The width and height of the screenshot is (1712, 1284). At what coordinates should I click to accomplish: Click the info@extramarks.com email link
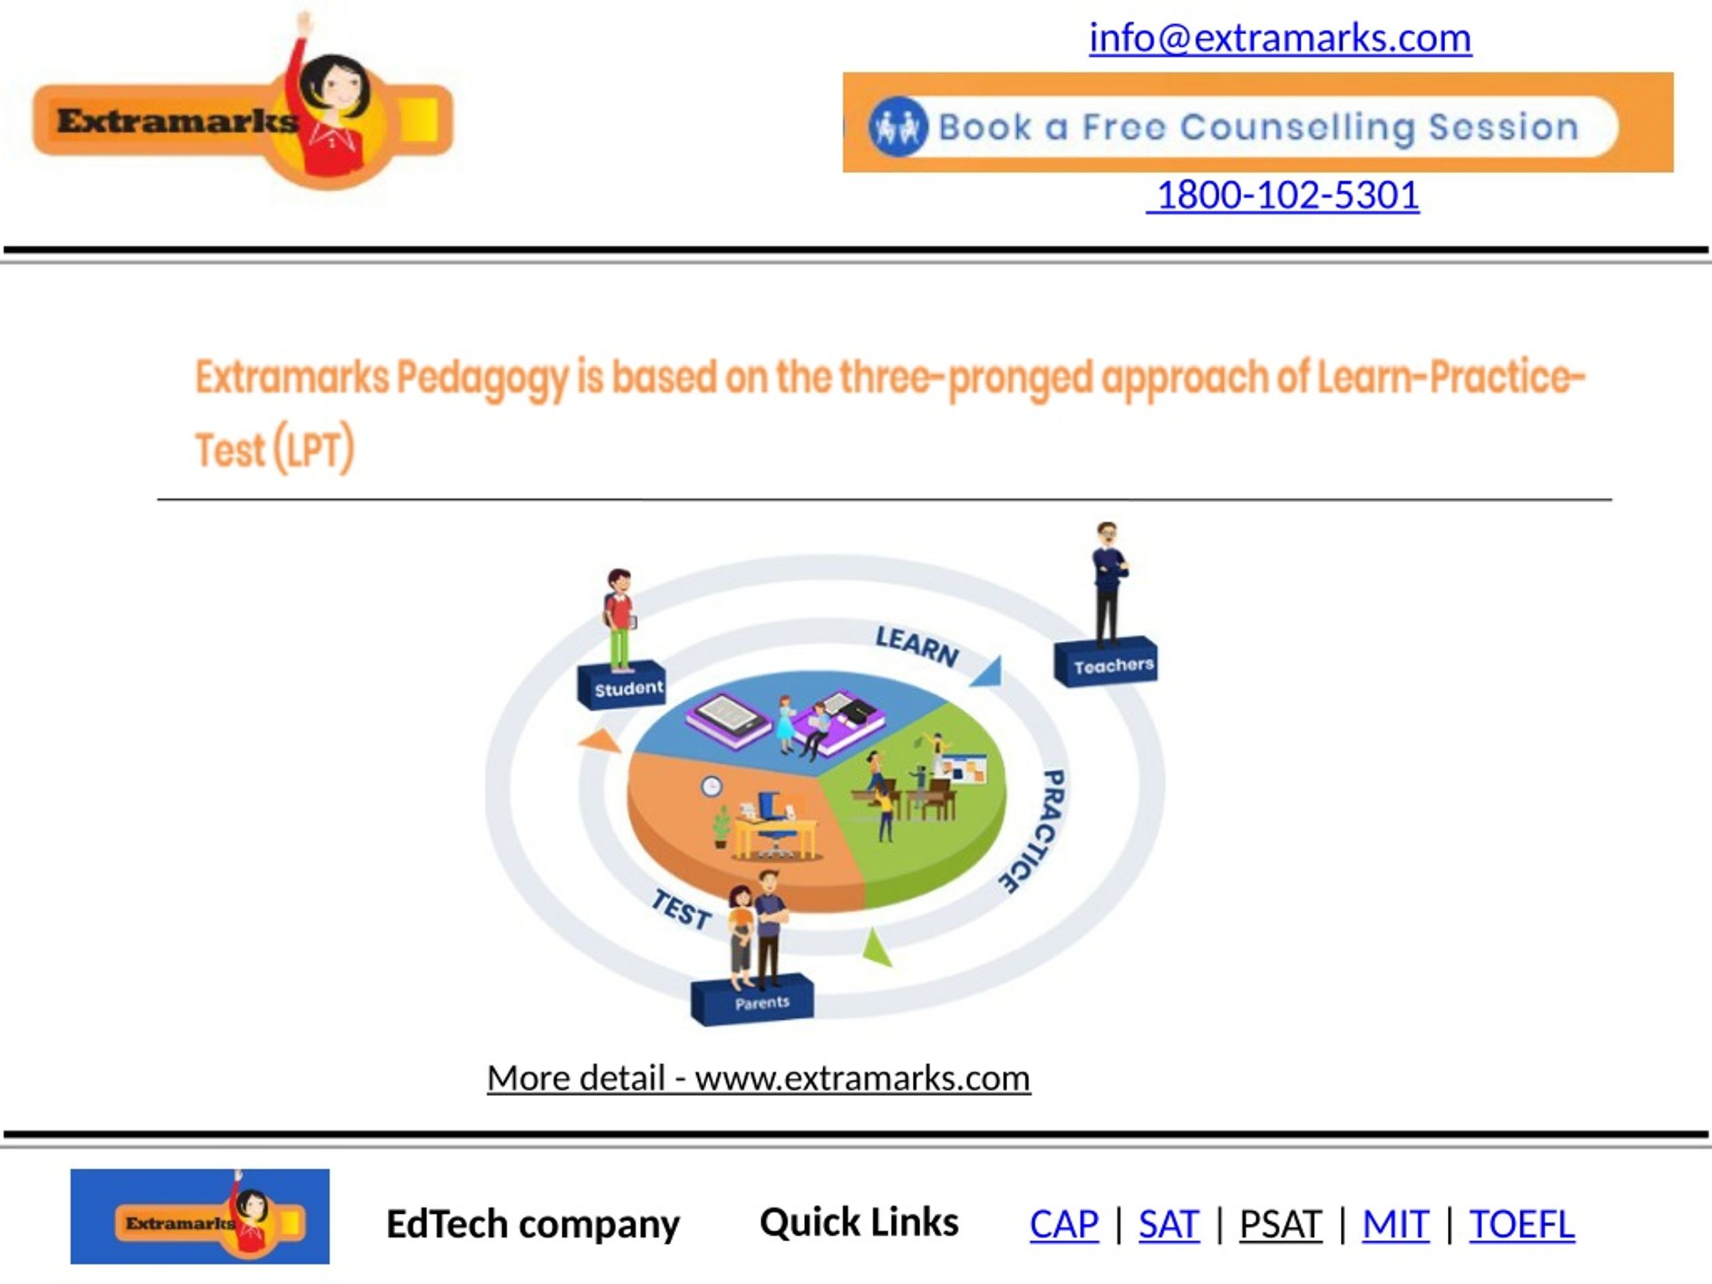pyautogui.click(x=1280, y=38)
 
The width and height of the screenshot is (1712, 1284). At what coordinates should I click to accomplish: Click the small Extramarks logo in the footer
pyautogui.click(x=200, y=1216)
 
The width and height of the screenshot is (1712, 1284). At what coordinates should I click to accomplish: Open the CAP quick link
pyautogui.click(x=1063, y=1224)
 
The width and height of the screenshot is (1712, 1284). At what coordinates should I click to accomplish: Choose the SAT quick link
pyautogui.click(x=1169, y=1224)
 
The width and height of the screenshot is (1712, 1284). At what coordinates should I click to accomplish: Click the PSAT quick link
pyautogui.click(x=1281, y=1224)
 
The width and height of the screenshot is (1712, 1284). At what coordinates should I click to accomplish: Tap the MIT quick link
pyautogui.click(x=1396, y=1224)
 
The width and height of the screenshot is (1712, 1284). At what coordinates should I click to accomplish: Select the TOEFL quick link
pyautogui.click(x=1521, y=1224)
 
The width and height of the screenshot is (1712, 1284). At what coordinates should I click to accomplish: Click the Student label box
pyautogui.click(x=621, y=685)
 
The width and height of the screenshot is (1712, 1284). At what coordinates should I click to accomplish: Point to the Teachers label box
pyautogui.click(x=1106, y=663)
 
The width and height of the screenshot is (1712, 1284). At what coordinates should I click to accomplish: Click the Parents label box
pyautogui.click(x=752, y=1000)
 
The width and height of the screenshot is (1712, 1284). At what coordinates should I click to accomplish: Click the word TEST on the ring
pyautogui.click(x=681, y=910)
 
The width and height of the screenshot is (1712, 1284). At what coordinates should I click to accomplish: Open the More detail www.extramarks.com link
pyautogui.click(x=758, y=1078)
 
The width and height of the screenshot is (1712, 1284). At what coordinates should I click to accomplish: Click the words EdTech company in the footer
pyautogui.click(x=532, y=1224)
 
